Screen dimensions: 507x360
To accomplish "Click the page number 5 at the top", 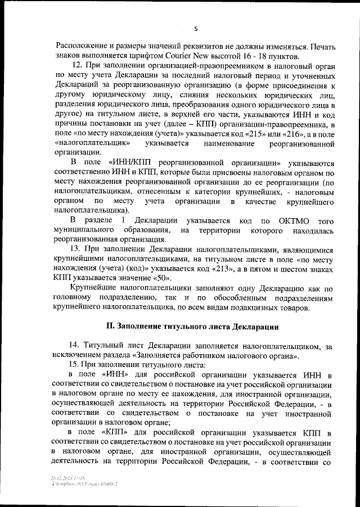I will (x=196, y=29).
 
